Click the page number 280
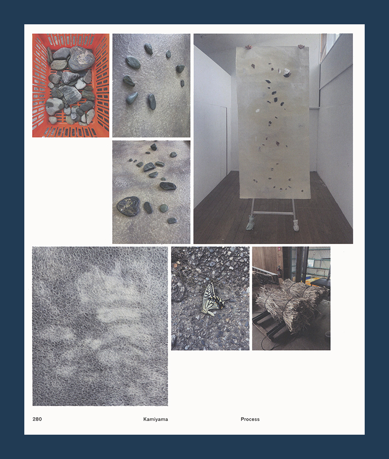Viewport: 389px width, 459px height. tap(37, 419)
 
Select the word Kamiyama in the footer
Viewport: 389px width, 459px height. tap(156, 419)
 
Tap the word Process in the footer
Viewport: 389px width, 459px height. tap(250, 419)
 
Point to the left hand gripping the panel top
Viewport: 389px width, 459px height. tap(248, 47)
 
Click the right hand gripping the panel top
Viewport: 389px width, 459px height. tap(301, 46)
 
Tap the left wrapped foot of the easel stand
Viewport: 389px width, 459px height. tap(250, 223)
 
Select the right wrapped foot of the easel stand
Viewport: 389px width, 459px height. tap(296, 225)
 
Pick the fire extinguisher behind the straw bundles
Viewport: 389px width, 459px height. tap(279, 271)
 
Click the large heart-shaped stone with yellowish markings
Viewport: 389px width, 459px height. tap(128, 206)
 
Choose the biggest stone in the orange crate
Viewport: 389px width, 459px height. tap(81, 58)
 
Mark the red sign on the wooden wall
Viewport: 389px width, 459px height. tap(279, 249)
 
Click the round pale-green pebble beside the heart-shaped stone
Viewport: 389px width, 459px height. tap(164, 208)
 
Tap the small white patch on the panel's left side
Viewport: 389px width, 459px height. tap(258, 111)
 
